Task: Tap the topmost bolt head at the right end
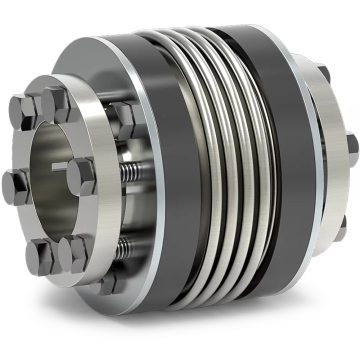[x=323, y=72]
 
